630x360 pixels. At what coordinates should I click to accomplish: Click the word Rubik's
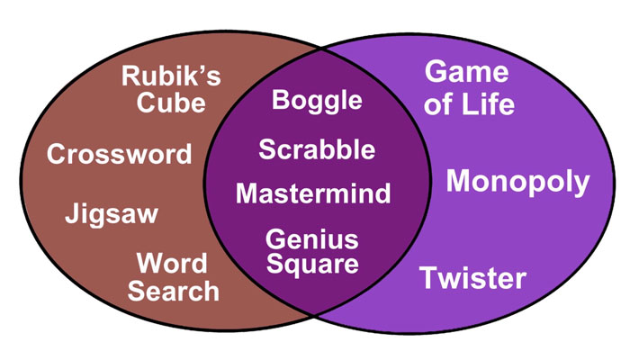pyautogui.click(x=170, y=76)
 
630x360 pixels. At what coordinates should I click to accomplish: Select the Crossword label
pyautogui.click(x=120, y=154)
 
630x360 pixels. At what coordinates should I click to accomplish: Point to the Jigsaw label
pyautogui.click(x=112, y=214)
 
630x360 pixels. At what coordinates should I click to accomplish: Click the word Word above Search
pyautogui.click(x=172, y=265)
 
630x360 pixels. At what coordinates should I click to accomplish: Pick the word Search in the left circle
pyautogui.click(x=174, y=291)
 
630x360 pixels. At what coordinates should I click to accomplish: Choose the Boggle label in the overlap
pyautogui.click(x=317, y=100)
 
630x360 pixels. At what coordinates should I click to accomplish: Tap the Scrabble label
pyautogui.click(x=317, y=149)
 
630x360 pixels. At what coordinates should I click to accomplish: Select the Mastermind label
pyautogui.click(x=313, y=193)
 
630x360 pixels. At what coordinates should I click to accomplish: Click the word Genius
pyautogui.click(x=312, y=239)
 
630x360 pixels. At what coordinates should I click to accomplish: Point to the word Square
pyautogui.click(x=312, y=265)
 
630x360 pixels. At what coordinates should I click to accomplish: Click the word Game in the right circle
pyautogui.click(x=466, y=72)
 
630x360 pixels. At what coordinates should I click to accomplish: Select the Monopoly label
pyautogui.click(x=517, y=183)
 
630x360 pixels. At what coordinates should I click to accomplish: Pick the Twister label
pyautogui.click(x=472, y=278)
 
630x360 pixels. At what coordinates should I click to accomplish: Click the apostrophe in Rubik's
pyautogui.click(x=205, y=67)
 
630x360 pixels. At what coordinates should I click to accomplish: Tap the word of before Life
pyautogui.click(x=441, y=103)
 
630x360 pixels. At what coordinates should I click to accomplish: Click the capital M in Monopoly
pyautogui.click(x=460, y=182)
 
